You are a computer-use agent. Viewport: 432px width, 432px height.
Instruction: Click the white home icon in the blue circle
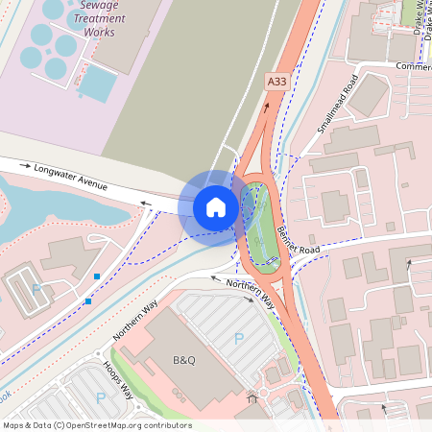click(x=216, y=206)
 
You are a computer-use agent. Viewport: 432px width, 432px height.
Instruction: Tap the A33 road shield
click(x=276, y=83)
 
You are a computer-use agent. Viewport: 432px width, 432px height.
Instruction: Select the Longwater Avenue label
click(x=71, y=174)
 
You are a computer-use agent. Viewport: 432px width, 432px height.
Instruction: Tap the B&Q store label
click(x=183, y=360)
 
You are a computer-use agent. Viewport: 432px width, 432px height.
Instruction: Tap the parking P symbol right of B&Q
click(x=239, y=338)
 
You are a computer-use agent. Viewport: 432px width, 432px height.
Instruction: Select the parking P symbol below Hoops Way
click(x=100, y=397)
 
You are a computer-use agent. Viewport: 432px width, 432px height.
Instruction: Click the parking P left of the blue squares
click(x=36, y=289)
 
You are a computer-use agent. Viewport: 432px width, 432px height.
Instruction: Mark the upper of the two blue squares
click(x=97, y=276)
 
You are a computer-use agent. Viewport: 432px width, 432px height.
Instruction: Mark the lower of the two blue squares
click(x=88, y=301)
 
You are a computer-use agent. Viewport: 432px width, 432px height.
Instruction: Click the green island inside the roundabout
click(x=260, y=226)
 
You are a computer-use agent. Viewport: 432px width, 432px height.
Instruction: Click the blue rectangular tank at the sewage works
click(x=97, y=84)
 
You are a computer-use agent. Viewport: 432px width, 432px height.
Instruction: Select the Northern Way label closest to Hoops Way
click(x=134, y=321)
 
